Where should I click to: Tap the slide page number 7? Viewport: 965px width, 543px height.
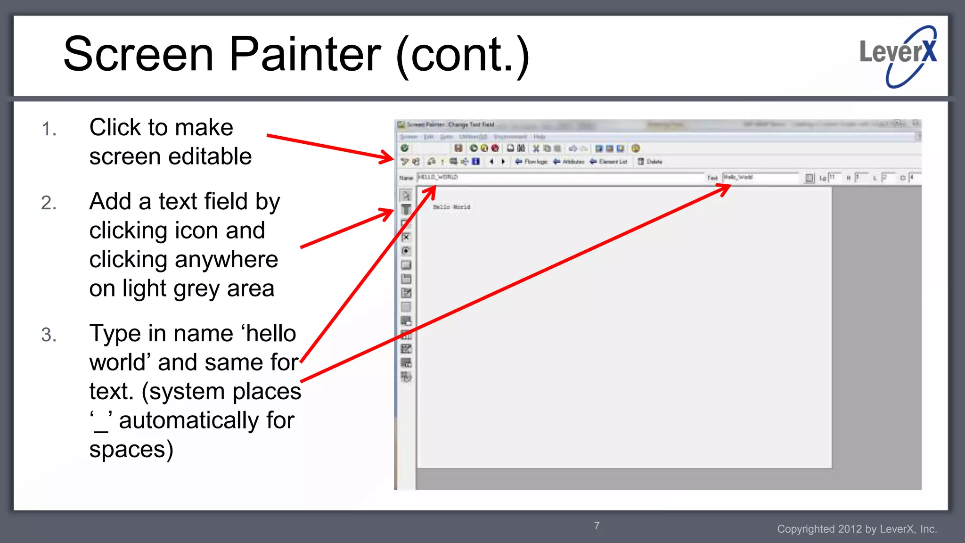pyautogui.click(x=597, y=526)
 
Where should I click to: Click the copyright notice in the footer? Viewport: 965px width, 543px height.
pyautogui.click(x=857, y=529)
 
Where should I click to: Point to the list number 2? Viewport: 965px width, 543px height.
pyautogui.click(x=49, y=203)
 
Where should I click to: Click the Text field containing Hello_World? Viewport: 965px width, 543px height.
pyautogui.click(x=760, y=177)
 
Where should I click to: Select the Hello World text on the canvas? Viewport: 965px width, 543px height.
pyautogui.click(x=451, y=207)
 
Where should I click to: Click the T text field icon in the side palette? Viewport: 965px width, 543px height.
pyautogui.click(x=406, y=209)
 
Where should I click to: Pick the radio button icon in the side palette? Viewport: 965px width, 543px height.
pyautogui.click(x=406, y=251)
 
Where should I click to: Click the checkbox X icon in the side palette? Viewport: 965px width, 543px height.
pyautogui.click(x=406, y=237)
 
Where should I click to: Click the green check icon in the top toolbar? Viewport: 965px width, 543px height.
pyautogui.click(x=404, y=148)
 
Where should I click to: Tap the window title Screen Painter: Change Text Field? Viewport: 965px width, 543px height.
pyautogui.click(x=450, y=125)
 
